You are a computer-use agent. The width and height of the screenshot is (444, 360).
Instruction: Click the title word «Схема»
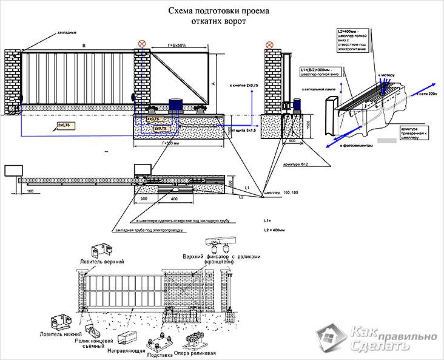(180, 12)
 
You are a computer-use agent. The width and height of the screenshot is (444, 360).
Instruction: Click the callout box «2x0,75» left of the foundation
(62, 124)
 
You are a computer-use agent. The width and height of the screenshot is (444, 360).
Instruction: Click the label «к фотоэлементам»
(358, 146)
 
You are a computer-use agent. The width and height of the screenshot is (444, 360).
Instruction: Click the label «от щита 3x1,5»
(243, 129)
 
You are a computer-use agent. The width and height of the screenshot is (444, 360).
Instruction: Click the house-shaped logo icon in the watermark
(330, 338)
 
